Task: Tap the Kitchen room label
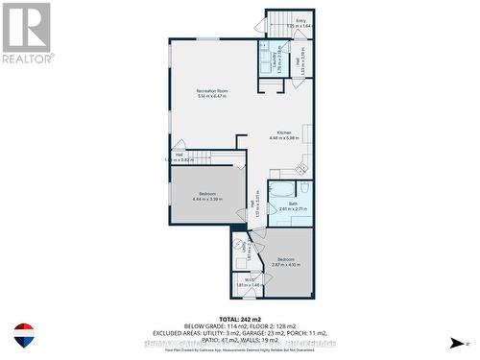point(284,132)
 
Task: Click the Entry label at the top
point(300,20)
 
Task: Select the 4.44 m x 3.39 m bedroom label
point(207,195)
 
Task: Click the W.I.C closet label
point(249,281)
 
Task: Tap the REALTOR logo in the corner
point(26,33)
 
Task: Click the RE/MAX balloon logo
point(23,335)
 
